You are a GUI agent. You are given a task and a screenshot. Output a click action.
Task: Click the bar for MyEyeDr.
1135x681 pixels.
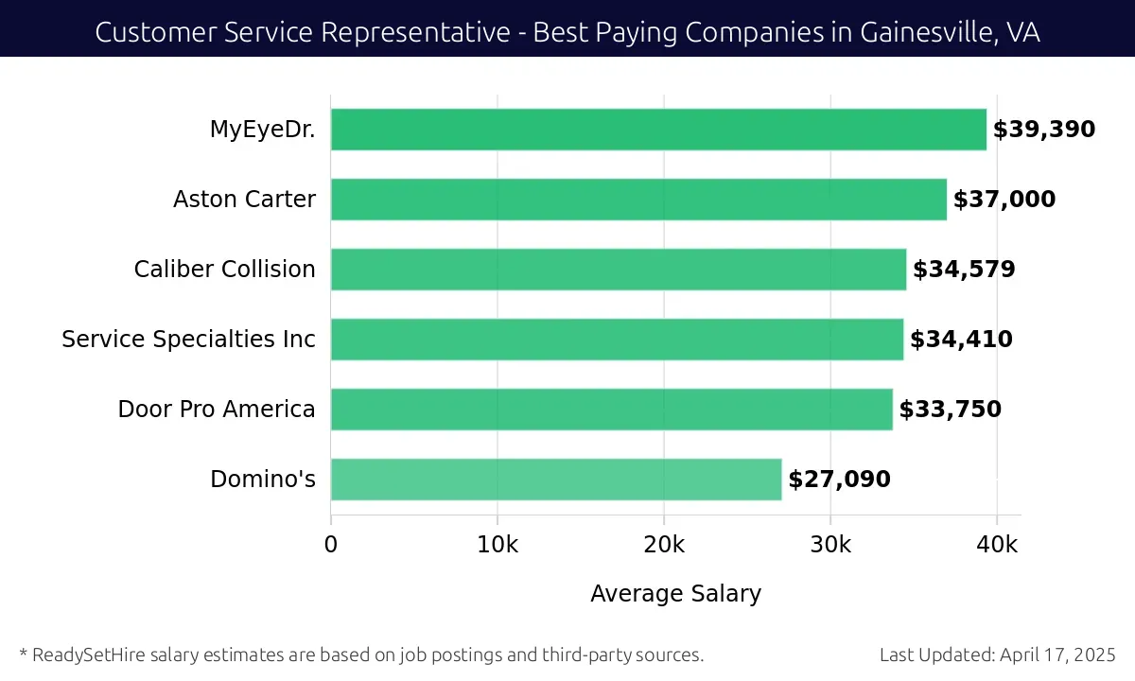click(x=658, y=130)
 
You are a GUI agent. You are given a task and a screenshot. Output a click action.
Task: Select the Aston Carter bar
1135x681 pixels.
click(x=638, y=200)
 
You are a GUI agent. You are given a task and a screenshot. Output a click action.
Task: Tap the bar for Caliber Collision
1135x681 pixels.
click(x=619, y=270)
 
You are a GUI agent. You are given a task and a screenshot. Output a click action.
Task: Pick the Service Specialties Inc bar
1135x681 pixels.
click(x=617, y=340)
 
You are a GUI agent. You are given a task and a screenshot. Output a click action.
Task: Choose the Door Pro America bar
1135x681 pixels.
click(x=611, y=410)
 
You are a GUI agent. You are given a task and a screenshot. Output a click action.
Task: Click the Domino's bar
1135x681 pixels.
click(x=556, y=480)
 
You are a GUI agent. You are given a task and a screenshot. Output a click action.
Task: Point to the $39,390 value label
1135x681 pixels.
click(x=1043, y=130)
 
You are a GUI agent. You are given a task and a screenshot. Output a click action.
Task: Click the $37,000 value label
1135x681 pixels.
click(x=1004, y=200)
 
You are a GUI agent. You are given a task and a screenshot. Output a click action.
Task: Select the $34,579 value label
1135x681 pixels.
click(x=964, y=270)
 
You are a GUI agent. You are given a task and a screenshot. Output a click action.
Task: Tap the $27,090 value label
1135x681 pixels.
click(x=839, y=480)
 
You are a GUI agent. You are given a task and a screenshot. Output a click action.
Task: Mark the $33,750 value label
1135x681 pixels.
click(x=950, y=410)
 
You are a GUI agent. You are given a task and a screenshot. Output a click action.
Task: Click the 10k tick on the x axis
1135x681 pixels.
click(x=498, y=545)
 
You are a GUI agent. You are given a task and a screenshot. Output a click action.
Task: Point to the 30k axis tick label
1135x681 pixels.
click(x=830, y=545)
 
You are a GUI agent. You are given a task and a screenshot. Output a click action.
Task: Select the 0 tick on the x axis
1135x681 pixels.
click(x=331, y=545)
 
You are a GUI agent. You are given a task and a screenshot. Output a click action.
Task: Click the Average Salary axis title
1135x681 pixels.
click(x=675, y=594)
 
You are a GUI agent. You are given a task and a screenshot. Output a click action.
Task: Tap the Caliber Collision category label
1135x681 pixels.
click(x=224, y=270)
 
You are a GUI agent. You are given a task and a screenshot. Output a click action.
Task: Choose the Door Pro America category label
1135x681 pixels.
click(x=217, y=410)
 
